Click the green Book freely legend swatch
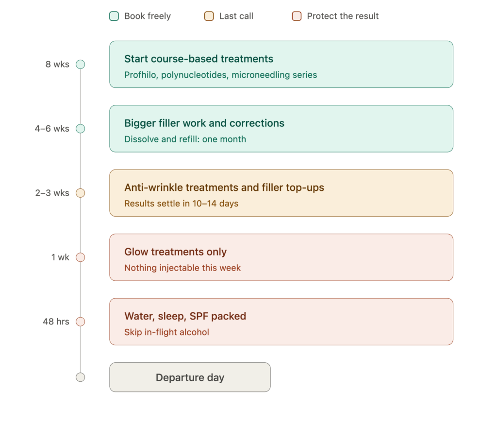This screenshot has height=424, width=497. pos(114,16)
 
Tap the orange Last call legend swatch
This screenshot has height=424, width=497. pos(209,16)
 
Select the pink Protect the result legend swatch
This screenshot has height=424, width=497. pos(297,16)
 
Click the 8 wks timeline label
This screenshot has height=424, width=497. pos(57,65)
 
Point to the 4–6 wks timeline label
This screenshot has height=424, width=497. pos(52,129)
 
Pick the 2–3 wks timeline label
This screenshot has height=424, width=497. pos(52,193)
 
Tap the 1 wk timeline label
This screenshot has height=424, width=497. pos(60,257)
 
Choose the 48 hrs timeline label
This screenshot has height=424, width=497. pos(56,322)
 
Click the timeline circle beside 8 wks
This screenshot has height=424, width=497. pos(81,65)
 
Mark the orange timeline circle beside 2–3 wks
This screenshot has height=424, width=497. pos(81,193)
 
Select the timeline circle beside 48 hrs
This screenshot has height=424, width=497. pos(81,322)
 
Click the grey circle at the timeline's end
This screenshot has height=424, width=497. pos(81,377)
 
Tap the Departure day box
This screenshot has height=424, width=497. pos(190,377)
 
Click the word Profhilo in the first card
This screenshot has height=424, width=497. pos(140,75)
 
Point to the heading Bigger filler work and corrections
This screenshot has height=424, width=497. pos(204,123)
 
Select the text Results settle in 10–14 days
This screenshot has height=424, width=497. pos(182,204)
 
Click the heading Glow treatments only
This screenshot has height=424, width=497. pos(176,252)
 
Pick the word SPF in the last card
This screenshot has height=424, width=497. pos(199,316)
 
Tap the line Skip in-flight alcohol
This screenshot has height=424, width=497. pos(167,332)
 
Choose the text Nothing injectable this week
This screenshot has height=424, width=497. pos(182,268)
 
